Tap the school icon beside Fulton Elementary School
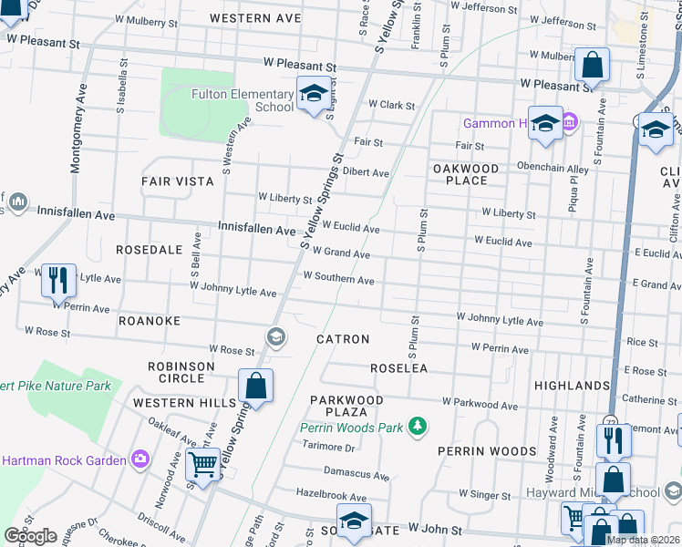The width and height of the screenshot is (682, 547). (314, 94)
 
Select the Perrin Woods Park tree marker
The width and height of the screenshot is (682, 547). (418, 426)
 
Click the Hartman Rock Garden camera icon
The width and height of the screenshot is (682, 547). (140, 459)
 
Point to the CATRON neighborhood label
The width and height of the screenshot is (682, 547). (343, 339)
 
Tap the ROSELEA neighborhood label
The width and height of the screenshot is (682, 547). (398, 368)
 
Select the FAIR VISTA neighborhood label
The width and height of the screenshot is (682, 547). (178, 181)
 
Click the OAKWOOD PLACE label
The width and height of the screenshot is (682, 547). (466, 174)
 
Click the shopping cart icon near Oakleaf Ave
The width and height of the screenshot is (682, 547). (202, 465)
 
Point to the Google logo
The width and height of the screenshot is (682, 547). (30, 536)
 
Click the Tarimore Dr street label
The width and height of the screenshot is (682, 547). (329, 448)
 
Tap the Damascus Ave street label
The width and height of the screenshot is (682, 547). (357, 474)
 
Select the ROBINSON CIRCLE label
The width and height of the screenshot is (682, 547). (181, 372)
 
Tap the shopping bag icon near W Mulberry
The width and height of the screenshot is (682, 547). (592, 66)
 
